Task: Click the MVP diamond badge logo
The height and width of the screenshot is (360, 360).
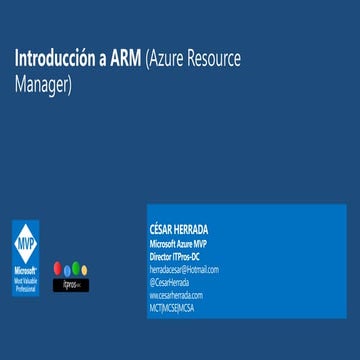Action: click(26, 242)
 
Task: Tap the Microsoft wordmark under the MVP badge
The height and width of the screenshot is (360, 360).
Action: click(26, 270)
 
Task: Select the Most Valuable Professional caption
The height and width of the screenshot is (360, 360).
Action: click(26, 281)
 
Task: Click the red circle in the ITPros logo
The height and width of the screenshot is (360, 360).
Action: click(57, 270)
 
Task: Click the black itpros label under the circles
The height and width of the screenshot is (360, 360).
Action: click(71, 285)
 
